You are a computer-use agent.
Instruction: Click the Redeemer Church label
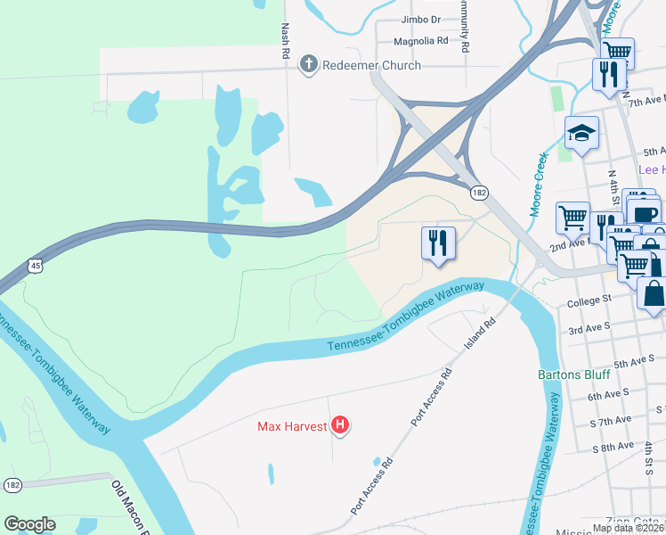[x=371, y=64]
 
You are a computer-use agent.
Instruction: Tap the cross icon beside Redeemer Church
[x=308, y=63]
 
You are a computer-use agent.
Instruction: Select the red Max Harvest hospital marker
[x=339, y=426]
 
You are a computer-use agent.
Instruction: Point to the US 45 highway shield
[x=35, y=265]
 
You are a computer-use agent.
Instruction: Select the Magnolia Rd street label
[x=423, y=41]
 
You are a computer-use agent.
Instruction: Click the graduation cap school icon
[x=581, y=135]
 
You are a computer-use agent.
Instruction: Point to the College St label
[x=589, y=302]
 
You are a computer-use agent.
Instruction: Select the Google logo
[x=29, y=523]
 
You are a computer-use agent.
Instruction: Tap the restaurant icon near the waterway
[x=438, y=243]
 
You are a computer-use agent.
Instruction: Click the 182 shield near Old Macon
[x=12, y=485]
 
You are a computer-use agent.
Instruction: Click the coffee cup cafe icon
[x=644, y=214]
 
